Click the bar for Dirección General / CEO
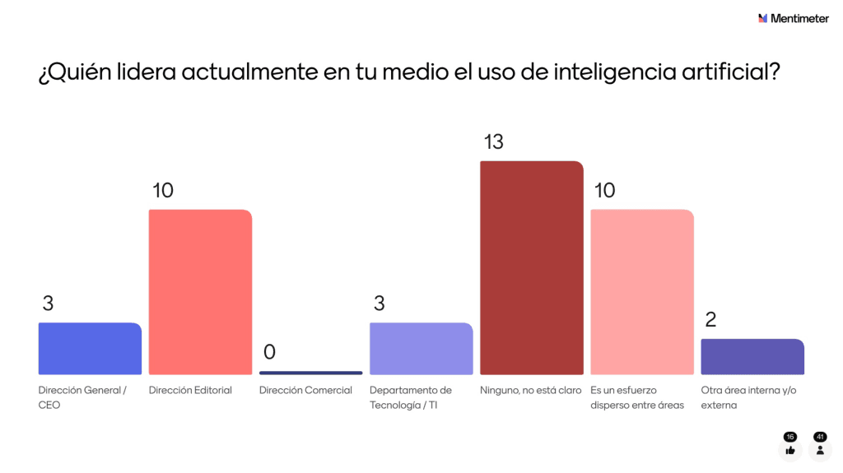(x=90, y=349)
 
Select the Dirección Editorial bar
(x=200, y=292)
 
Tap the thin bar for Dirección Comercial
(x=310, y=373)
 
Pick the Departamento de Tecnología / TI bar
(x=421, y=349)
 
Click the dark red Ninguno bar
(x=531, y=267)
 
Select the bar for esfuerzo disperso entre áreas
(x=642, y=292)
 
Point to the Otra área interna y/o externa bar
(x=752, y=357)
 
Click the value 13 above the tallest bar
(x=493, y=142)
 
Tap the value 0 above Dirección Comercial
(x=269, y=352)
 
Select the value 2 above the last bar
(x=710, y=319)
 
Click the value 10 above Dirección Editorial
(x=163, y=191)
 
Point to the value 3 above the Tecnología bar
(x=379, y=304)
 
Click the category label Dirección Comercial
(x=305, y=390)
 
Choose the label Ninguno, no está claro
(x=530, y=390)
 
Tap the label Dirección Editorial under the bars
(x=190, y=390)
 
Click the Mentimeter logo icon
(x=763, y=18)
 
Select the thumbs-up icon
(x=790, y=450)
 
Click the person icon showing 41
(x=820, y=450)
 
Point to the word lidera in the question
(x=147, y=72)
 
